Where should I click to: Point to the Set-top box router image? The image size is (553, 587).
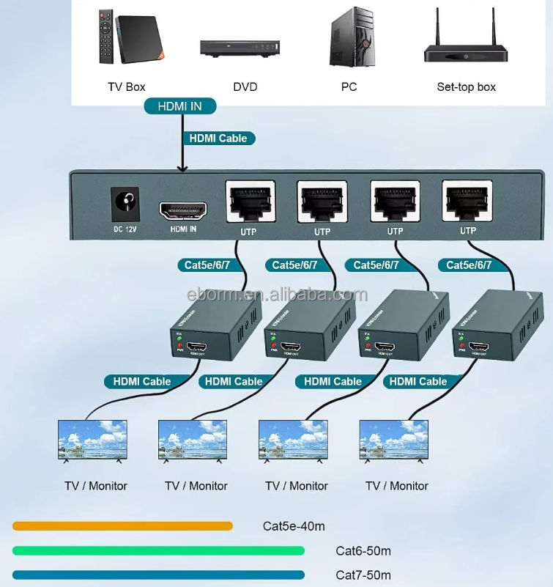tap(465, 44)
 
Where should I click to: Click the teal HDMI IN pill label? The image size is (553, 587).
tap(179, 106)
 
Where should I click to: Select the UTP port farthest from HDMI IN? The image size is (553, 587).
tap(467, 202)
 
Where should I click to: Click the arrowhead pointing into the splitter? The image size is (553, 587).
tap(182, 169)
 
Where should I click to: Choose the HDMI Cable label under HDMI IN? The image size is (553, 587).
tap(218, 138)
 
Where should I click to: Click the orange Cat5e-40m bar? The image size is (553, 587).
tap(122, 525)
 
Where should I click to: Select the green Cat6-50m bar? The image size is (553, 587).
tap(168, 550)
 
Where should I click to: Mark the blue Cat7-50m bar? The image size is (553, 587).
tap(158, 575)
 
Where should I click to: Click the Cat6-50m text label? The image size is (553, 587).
tap(363, 550)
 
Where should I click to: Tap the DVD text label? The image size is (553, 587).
tap(245, 86)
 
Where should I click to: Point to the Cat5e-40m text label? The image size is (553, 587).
tap(294, 526)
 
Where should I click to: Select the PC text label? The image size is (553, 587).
tap(349, 86)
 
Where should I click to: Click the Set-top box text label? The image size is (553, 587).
tap(466, 86)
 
